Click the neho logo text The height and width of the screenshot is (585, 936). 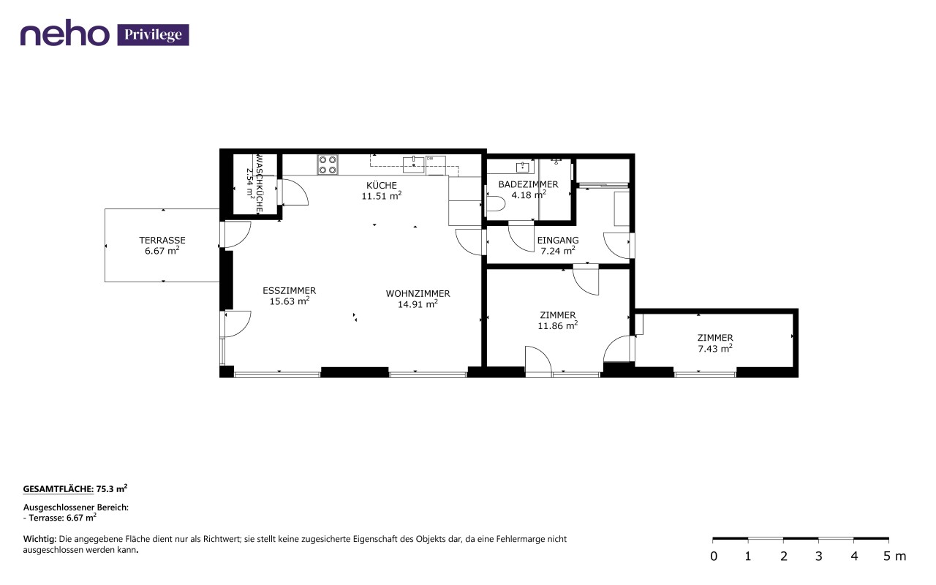tap(65, 35)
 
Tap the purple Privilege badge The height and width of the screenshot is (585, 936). tap(153, 34)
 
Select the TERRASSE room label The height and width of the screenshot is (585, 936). tap(162, 241)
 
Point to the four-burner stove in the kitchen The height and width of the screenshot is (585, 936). tap(328, 165)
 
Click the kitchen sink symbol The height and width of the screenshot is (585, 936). tap(413, 165)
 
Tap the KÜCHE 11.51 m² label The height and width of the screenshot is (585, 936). tap(382, 191)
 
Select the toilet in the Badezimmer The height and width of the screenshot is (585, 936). tap(496, 204)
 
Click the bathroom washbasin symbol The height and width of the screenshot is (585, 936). tap(523, 167)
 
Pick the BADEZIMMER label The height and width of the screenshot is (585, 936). tap(528, 184)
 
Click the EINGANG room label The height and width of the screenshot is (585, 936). tap(558, 241)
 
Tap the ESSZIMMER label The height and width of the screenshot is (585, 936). tap(289, 290)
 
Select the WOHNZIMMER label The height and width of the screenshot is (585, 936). tap(418, 294)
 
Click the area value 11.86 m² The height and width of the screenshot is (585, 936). tap(557, 325)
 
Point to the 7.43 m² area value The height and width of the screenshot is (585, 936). tap(715, 348)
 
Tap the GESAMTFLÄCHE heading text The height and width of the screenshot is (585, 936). tap(58, 489)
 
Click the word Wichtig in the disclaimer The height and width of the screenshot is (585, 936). tap(39, 540)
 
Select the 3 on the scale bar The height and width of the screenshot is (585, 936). tap(818, 556)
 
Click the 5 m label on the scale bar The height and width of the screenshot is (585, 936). tap(894, 556)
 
